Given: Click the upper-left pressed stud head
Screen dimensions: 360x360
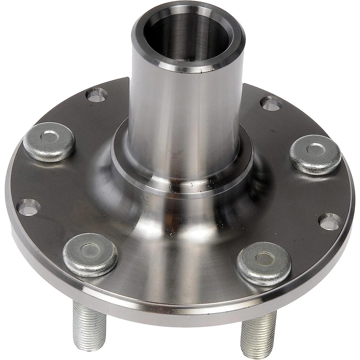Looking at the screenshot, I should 49,141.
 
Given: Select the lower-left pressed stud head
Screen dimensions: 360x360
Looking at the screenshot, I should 90,254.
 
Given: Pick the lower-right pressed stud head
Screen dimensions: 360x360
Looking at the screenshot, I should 264,263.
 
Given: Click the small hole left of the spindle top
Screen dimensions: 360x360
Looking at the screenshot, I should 97,94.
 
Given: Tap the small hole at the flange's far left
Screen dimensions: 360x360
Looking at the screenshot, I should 29,207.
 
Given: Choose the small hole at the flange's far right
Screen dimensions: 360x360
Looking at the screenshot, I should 330,221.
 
